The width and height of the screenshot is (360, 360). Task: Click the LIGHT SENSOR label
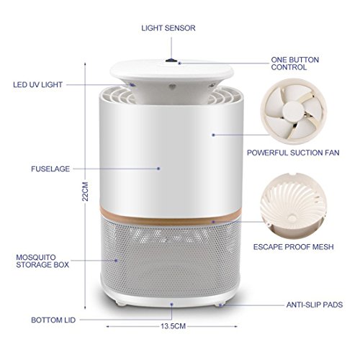pos(168,28)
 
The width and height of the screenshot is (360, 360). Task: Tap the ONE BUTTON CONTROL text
pos(295,63)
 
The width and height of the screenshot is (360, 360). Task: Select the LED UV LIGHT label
pos(37,85)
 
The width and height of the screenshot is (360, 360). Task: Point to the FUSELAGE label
pos(50,169)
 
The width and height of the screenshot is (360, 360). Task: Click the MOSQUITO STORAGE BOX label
pos(42,261)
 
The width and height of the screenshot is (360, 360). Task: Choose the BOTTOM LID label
pos(53,320)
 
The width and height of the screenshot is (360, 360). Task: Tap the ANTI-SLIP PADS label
pos(315,305)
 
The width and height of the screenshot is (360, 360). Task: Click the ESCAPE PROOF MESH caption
pos(294,247)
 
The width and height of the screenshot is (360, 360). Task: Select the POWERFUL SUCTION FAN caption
pos(293,153)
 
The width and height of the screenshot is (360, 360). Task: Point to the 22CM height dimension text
pos(85,192)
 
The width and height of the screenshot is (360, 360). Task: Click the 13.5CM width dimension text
pos(173,326)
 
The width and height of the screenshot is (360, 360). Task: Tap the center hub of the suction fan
pos(293,112)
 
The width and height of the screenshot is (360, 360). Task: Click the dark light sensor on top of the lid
pos(170,60)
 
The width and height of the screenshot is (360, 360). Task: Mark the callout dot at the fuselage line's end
pos(158,168)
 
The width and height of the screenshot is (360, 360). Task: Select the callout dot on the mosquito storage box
pos(117,261)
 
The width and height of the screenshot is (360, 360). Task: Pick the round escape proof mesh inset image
pos(293,206)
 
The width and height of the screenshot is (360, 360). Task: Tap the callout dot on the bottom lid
pos(172,305)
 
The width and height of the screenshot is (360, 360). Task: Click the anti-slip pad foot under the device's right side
pos(220,305)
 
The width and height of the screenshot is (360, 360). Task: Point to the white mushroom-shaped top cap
pos(171,72)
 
